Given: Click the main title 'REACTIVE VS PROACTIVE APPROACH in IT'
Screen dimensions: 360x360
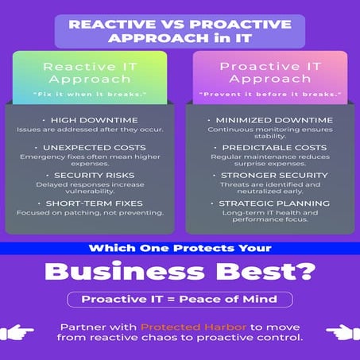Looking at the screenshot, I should (180, 30).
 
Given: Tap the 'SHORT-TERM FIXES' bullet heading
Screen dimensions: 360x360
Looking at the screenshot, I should (101, 203).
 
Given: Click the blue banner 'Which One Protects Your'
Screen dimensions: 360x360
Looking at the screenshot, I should (180, 249).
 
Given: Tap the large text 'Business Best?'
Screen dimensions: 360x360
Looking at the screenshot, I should (180, 273).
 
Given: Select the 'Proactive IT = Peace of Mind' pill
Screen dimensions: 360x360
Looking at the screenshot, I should (180, 300).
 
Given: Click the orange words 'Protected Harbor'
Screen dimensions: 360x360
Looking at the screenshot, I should (173, 327).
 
